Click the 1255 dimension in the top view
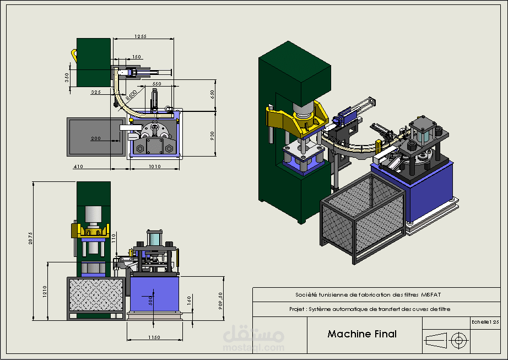pyautogui.click(x=140, y=36)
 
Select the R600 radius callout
pyautogui.click(x=132, y=96)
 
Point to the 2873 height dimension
pyautogui.click(x=31, y=238)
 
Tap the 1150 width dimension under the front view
pyautogui.click(x=154, y=336)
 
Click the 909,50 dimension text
pyautogui.click(x=221, y=300)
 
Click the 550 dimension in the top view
pyautogui.click(x=156, y=84)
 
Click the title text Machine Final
pyautogui.click(x=361, y=334)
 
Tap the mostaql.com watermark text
pyautogui.click(x=253, y=347)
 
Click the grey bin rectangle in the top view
pyautogui.click(x=91, y=137)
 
